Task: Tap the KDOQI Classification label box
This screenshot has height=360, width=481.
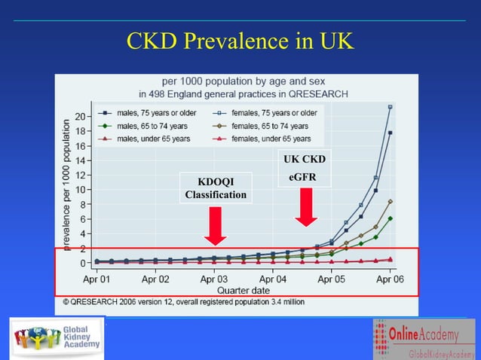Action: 216,188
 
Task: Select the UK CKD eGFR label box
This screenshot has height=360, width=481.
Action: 304,168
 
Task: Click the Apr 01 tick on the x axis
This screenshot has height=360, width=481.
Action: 96,279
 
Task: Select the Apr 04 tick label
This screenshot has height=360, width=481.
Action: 272,279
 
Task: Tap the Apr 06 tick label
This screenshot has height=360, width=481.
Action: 389,279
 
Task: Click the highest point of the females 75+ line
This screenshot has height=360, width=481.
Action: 390,107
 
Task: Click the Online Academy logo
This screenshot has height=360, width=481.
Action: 424,339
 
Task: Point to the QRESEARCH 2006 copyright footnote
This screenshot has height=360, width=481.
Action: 183,301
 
